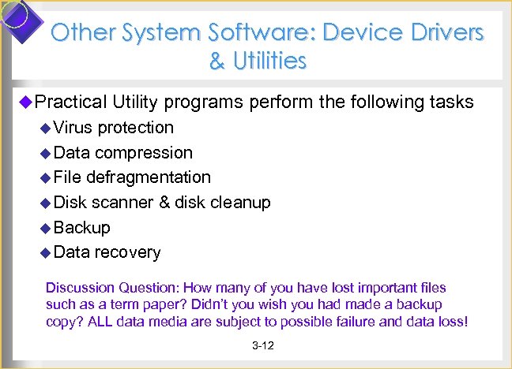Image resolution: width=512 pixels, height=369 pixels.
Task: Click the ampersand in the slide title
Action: coord(216,60)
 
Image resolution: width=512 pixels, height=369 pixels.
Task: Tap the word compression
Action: coord(143,152)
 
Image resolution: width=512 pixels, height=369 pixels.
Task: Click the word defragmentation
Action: coord(149,177)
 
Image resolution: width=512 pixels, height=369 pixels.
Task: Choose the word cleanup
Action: coord(240,203)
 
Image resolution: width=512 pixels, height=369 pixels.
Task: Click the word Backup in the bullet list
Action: coord(83,228)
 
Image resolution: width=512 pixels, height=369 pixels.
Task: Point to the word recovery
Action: coord(127,252)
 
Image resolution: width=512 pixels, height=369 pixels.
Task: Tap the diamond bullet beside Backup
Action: coord(46,229)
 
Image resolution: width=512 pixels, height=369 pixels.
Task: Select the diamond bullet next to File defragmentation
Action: coord(46,178)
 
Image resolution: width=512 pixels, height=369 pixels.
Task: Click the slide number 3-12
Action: coord(262,346)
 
